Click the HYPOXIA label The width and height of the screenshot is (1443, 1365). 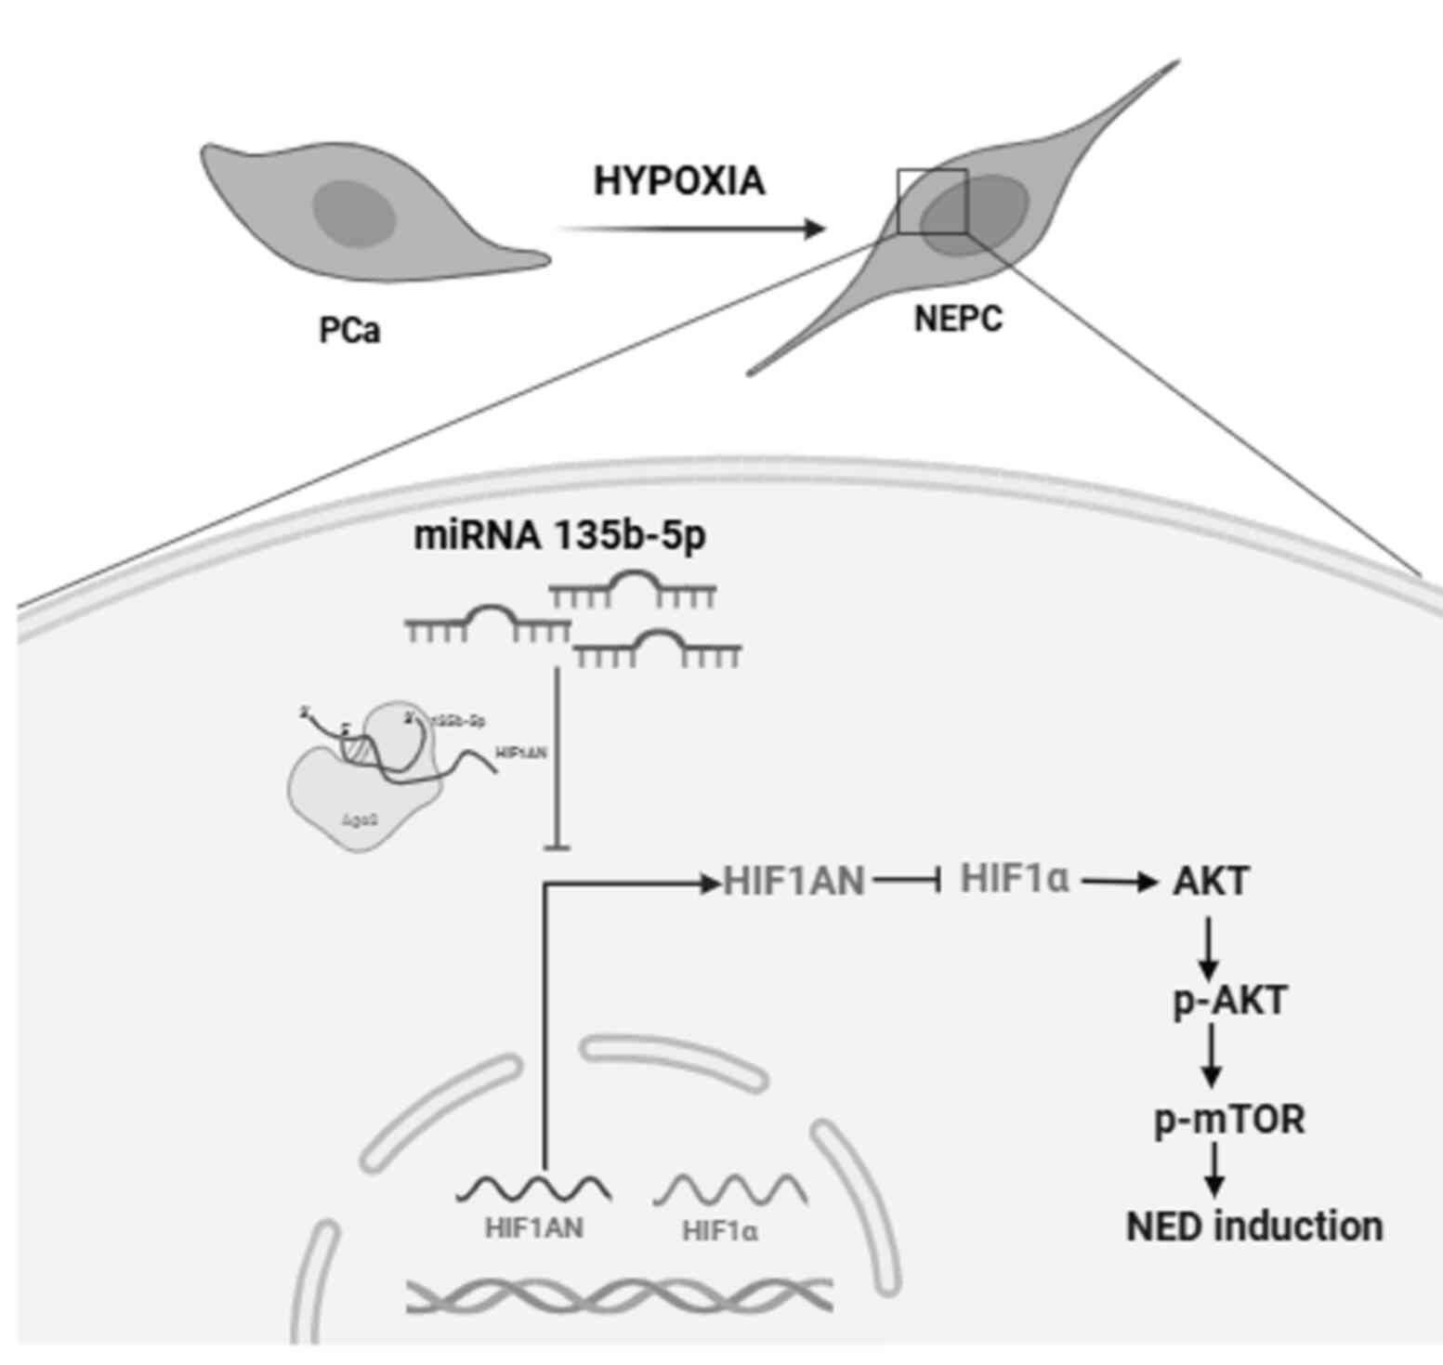(679, 180)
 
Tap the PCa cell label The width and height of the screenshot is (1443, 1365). (349, 330)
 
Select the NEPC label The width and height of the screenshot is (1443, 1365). (958, 319)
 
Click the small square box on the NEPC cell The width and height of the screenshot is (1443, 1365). (932, 201)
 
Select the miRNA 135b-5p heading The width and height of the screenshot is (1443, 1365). (559, 536)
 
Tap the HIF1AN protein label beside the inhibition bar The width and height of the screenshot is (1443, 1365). (794, 880)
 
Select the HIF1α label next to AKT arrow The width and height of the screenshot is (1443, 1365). (1015, 877)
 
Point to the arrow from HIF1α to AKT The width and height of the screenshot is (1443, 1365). (1115, 880)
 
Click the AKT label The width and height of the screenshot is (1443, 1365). (1211, 881)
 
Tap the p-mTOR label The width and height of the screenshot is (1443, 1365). (1229, 1119)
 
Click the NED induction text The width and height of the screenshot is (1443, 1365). (1254, 1227)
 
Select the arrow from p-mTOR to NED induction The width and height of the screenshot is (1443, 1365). (1213, 1171)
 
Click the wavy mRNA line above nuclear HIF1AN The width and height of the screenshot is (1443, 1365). (533, 1188)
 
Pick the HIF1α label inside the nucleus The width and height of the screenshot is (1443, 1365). (720, 1231)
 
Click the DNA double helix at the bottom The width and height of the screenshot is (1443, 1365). (618, 1294)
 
